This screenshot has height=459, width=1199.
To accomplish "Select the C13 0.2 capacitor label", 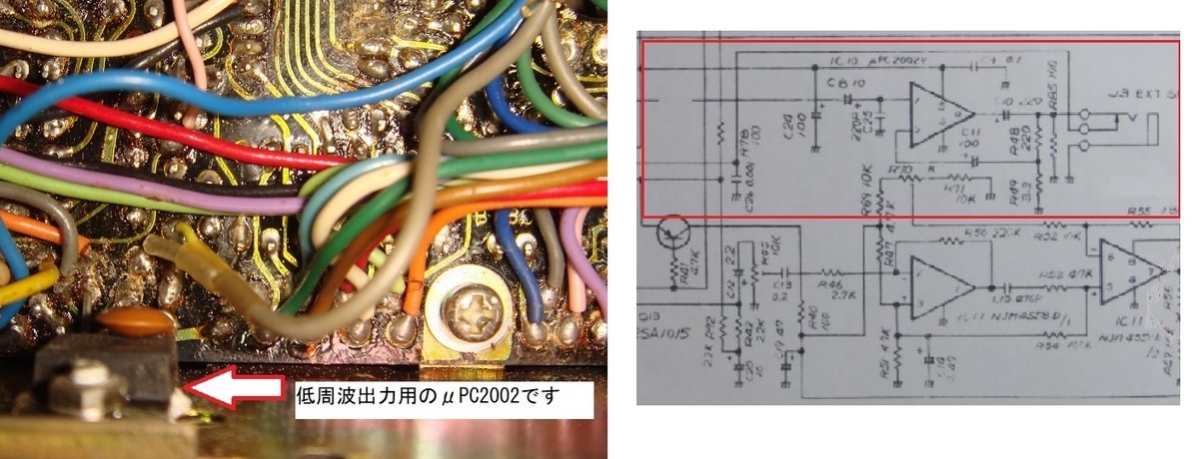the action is [x=780, y=288].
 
